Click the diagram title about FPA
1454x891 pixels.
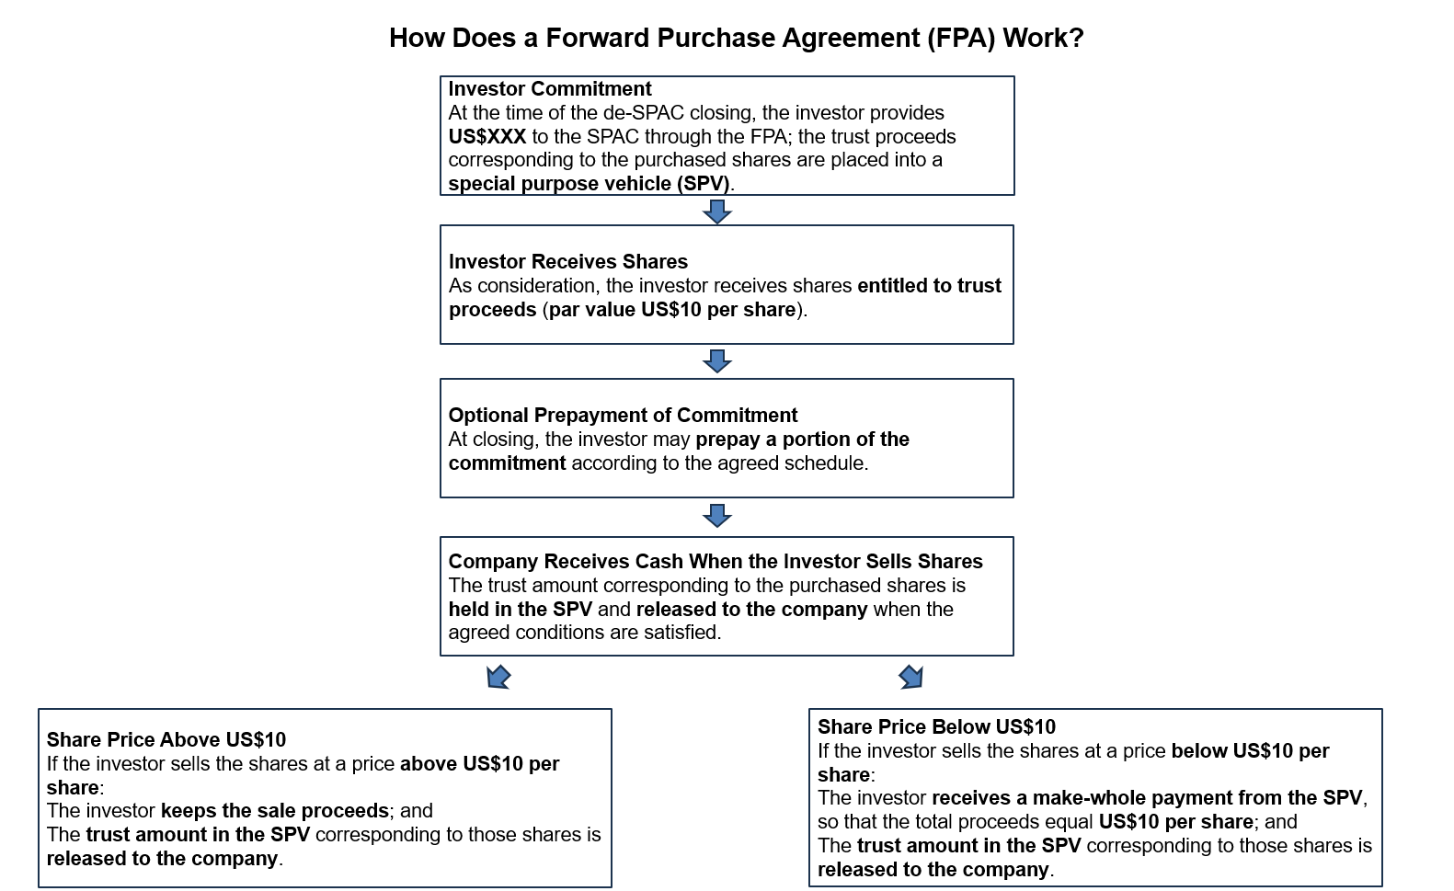pyautogui.click(x=736, y=38)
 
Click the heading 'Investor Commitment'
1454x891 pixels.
pyautogui.click(x=549, y=89)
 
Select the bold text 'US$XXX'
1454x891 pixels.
pyautogui.click(x=487, y=137)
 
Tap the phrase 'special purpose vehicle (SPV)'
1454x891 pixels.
pyautogui.click(x=589, y=184)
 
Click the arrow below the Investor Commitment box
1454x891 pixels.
pyautogui.click(x=716, y=212)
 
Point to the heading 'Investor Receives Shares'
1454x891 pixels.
pyautogui.click(x=567, y=262)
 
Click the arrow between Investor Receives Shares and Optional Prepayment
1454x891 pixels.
pyautogui.click(x=716, y=361)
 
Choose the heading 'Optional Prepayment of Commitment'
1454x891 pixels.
pyautogui.click(x=623, y=416)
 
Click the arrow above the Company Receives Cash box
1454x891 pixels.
pyautogui.click(x=716, y=516)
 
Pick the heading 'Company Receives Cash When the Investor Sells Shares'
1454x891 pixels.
pyautogui.click(x=715, y=562)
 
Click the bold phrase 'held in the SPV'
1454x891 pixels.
pyautogui.click(x=520, y=610)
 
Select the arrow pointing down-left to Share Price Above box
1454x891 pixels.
pyautogui.click(x=498, y=678)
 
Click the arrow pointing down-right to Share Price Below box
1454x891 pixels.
pyautogui.click(x=911, y=678)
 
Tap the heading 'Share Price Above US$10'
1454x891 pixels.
pyautogui.click(x=166, y=740)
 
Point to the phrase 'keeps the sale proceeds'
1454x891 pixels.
pyautogui.click(x=274, y=811)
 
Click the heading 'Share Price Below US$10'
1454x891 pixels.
pyautogui.click(x=936, y=727)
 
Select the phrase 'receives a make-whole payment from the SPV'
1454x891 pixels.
pyautogui.click(x=1148, y=798)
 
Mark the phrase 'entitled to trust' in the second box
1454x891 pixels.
pyautogui.click(x=929, y=286)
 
